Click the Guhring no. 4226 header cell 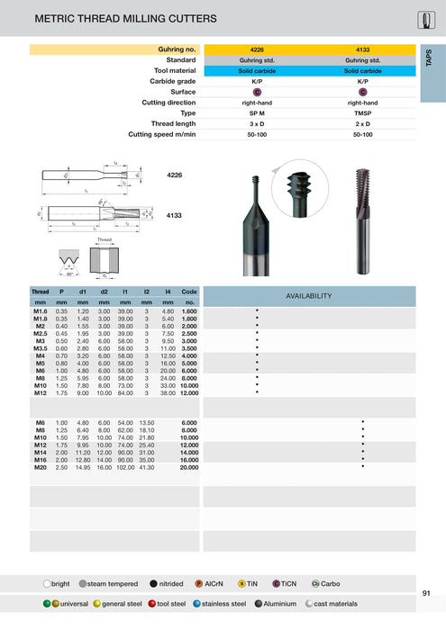coord(256,49)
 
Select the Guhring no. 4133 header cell coord(362,49)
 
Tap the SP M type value coord(256,113)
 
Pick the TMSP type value coord(362,113)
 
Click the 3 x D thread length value coord(256,123)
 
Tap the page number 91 coord(425,592)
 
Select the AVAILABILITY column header coord(309,295)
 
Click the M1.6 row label coord(40,310)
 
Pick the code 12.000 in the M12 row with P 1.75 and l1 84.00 coord(189,393)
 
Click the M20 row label coord(41,468)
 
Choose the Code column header coord(189,292)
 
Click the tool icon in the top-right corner coord(426,20)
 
